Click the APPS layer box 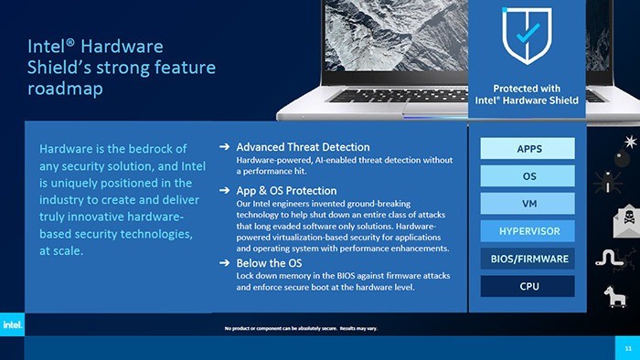click(528, 149)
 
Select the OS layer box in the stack click(528, 175)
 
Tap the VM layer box click(528, 203)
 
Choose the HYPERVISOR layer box click(528, 230)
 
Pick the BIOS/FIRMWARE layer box click(528, 259)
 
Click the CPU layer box click(528, 286)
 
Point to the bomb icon click(629, 143)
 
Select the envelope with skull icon click(627, 220)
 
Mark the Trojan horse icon click(613, 295)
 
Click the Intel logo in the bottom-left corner click(13, 325)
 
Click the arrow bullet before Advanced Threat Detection click(224, 147)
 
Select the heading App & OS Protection click(286, 190)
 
